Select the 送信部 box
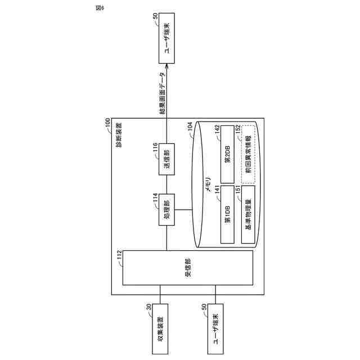[167, 160]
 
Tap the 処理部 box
[167, 210]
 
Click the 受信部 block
[188, 269]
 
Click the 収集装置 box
[161, 330]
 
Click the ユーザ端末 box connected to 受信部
[215, 330]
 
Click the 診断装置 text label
[118, 134]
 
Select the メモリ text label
[208, 183]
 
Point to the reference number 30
[149, 307]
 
